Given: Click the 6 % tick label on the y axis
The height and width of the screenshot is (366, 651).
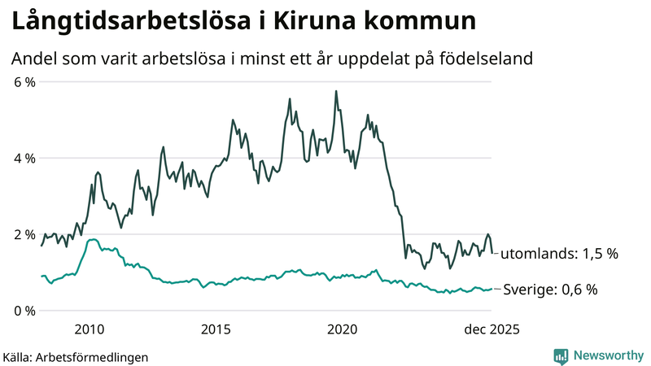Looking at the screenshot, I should pyautogui.click(x=23, y=82).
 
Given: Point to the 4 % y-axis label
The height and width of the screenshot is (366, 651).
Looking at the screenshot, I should pyautogui.click(x=23, y=158).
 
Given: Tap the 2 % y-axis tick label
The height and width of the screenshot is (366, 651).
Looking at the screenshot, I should pyautogui.click(x=23, y=234).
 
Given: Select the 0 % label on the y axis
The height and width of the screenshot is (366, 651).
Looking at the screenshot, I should pyautogui.click(x=23, y=310).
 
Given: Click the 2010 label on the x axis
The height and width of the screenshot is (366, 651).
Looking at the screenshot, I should pyautogui.click(x=90, y=329).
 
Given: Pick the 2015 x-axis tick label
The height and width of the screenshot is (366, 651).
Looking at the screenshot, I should pyautogui.click(x=216, y=329).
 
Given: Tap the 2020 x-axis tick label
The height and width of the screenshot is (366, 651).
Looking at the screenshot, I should pyautogui.click(x=343, y=329).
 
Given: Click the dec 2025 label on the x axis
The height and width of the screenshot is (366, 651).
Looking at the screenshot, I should pyautogui.click(x=491, y=329).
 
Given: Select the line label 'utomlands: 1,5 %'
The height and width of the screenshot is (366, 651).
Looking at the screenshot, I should pyautogui.click(x=558, y=254).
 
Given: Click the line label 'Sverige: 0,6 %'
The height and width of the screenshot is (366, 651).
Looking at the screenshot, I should pyautogui.click(x=551, y=289).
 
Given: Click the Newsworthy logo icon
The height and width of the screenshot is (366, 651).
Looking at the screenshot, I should pyautogui.click(x=561, y=355).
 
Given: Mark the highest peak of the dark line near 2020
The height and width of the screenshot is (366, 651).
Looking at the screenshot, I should pyautogui.click(x=336, y=91).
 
